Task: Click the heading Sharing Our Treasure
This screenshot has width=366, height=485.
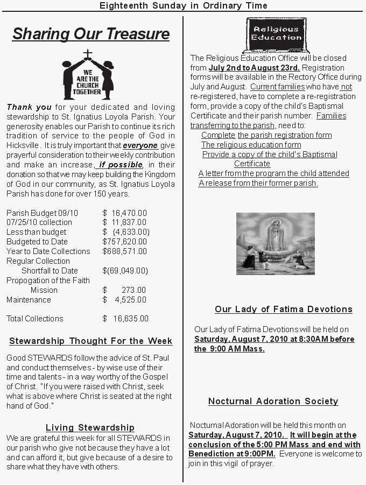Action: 90,34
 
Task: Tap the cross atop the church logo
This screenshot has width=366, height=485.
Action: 88,54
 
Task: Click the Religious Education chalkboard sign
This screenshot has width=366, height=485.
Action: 277,34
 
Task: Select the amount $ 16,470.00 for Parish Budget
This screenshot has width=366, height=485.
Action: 124,213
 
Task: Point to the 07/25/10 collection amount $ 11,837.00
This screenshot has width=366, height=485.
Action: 124,222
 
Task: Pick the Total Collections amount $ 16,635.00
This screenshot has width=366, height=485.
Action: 125,319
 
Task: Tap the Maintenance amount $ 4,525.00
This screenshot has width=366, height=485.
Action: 124,300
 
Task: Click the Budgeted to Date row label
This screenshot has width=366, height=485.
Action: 37,242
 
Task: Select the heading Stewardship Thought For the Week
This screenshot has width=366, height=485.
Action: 90,341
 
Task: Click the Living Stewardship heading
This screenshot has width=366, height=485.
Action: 90,428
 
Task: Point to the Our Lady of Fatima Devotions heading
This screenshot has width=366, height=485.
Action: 284,309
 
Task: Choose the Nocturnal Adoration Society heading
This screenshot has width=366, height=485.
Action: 273,401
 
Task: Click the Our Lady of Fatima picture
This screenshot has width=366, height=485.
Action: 275,243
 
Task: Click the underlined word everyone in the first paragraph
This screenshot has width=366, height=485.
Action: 140,145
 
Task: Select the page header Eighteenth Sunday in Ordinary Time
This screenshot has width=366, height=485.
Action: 184,5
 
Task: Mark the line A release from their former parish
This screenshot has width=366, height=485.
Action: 258,183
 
